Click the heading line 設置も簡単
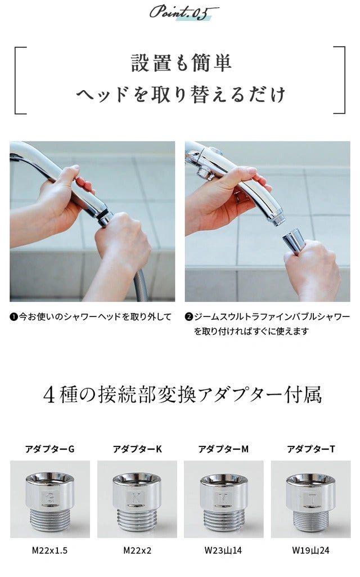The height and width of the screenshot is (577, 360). pyautogui.click(x=181, y=62)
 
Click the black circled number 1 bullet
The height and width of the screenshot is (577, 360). pyautogui.click(x=13, y=316)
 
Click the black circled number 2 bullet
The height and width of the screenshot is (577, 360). pyautogui.click(x=189, y=316)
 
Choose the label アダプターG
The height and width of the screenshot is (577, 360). pyautogui.click(x=50, y=449)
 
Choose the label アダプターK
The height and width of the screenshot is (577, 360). pyautogui.click(x=137, y=449)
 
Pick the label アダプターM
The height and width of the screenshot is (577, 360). pyautogui.click(x=223, y=449)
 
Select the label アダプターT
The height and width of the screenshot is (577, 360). pyautogui.click(x=310, y=449)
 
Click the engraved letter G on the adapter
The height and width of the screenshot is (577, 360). pyautogui.click(x=50, y=498)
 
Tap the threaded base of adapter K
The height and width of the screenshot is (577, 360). pyautogui.click(x=137, y=520)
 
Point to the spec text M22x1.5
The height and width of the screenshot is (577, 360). pyautogui.click(x=49, y=551)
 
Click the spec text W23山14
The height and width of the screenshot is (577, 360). pyautogui.click(x=223, y=551)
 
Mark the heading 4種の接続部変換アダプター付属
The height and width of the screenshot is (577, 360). pyautogui.click(x=182, y=395)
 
